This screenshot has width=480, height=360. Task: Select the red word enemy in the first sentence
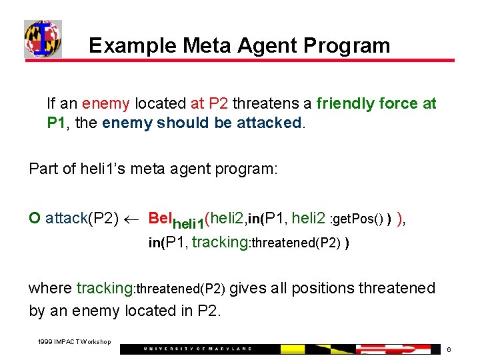tap(106, 104)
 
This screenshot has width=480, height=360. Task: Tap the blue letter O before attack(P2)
tap(35, 218)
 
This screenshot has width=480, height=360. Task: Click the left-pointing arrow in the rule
tap(133, 219)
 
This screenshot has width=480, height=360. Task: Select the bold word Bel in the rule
tap(160, 218)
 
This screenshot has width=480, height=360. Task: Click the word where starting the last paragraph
tap(50, 289)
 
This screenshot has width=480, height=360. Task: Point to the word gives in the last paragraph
tap(249, 289)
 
